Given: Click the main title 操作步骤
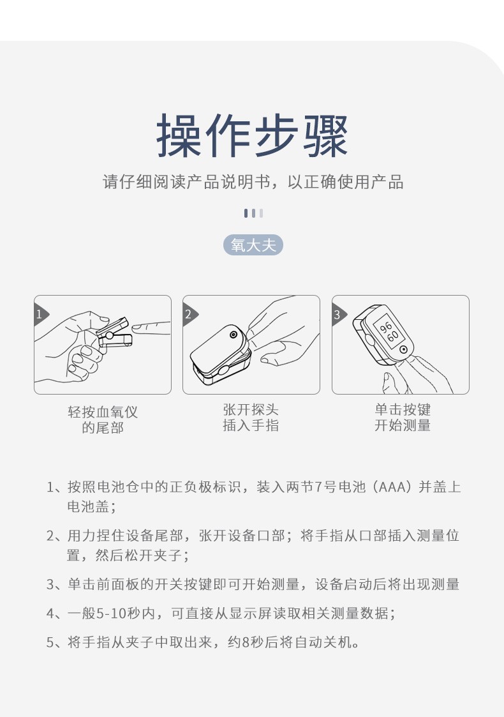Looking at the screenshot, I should (x=253, y=135).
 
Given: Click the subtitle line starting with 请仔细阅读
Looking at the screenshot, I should (x=253, y=182).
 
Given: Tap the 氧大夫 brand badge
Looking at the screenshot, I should (x=253, y=245).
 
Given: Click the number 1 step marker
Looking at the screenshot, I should (x=40, y=314).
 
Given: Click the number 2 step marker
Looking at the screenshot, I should (x=188, y=314).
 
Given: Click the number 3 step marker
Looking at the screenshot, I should (x=337, y=314).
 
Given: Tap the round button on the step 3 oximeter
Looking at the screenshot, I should (x=404, y=349).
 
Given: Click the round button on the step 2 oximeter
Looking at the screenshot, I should (x=234, y=335).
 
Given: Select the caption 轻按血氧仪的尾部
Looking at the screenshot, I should (x=102, y=419).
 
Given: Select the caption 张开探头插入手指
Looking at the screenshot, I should (x=251, y=418).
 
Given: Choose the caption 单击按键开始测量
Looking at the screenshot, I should (x=402, y=418).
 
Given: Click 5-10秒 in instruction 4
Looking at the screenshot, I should (x=119, y=614).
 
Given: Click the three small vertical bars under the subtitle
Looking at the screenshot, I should (x=253, y=213).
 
